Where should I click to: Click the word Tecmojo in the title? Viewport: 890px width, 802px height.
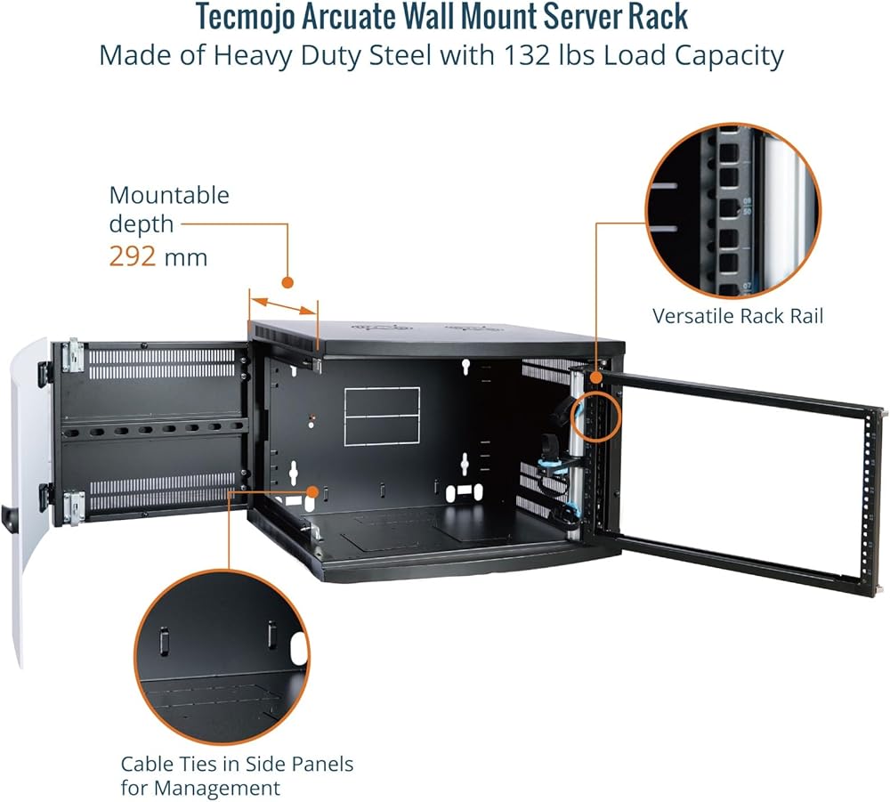246,16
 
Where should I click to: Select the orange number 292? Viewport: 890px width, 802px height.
133,256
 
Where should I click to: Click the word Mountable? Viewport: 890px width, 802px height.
169,195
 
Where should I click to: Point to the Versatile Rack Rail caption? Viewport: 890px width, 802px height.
737,316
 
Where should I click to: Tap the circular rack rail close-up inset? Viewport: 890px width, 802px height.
733,211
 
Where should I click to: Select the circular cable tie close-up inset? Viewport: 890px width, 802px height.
222,657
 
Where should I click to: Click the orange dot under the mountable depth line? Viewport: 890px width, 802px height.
287,282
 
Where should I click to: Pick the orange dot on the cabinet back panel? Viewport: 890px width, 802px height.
312,491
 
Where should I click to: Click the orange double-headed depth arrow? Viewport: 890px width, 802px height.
284,306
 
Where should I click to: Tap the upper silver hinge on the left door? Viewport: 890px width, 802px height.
73,355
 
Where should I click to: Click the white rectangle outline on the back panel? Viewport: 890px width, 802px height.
382,416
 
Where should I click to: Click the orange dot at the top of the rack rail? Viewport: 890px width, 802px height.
596,377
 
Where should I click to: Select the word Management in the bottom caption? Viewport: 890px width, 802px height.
217,789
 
